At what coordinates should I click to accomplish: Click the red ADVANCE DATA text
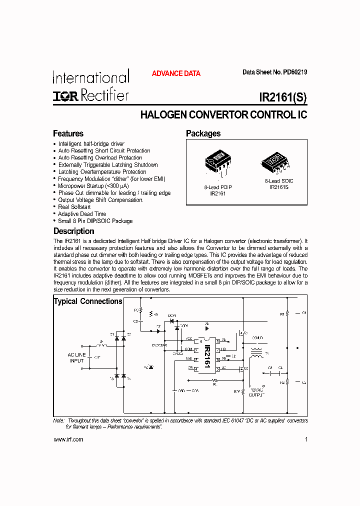coord(176,73)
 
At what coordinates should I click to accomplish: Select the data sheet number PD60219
coord(295,72)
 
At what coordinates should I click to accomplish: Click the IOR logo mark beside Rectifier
coord(65,96)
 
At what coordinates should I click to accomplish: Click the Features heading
coord(68,133)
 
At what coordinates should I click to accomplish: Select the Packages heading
coord(203,133)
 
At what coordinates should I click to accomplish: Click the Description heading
coord(73,231)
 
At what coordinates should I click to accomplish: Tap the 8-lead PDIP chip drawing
coord(218,161)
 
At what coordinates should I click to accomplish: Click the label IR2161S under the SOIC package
coord(279,187)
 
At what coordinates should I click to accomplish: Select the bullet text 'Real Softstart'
coord(74,206)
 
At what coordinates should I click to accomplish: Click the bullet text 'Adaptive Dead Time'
coord(82,213)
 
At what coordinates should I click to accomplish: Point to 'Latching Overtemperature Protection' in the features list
coord(102,171)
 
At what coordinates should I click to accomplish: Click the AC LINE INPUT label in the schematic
coord(76,357)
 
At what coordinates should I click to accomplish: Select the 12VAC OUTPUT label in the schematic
coord(256,391)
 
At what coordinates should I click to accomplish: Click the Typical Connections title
coord(88,301)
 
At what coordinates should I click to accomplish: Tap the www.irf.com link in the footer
coord(68,439)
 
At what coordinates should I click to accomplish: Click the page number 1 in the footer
coord(305,439)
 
